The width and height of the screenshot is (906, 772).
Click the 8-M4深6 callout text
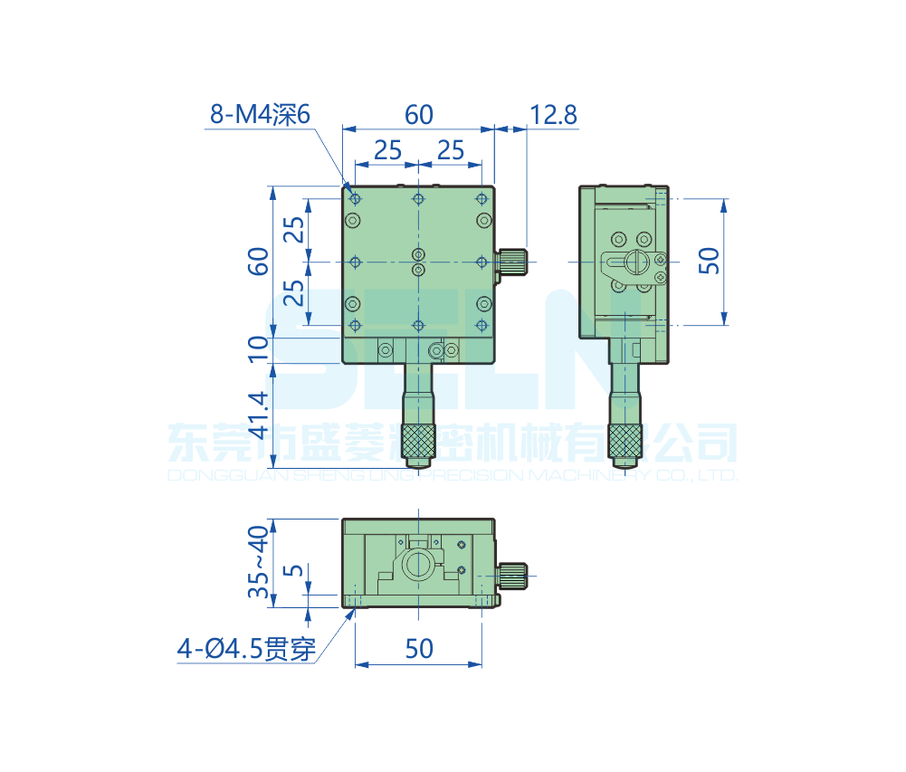(260, 115)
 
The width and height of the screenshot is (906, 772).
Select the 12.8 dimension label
(553, 115)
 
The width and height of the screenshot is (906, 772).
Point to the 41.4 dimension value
(259, 414)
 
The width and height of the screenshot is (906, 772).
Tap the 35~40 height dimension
(259, 562)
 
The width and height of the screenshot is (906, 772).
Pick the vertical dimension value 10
(259, 348)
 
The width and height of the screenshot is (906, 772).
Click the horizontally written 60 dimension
(418, 115)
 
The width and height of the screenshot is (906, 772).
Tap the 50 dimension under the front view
(418, 649)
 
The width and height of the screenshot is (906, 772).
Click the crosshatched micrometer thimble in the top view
(418, 441)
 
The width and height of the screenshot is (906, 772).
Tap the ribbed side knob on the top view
(514, 261)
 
